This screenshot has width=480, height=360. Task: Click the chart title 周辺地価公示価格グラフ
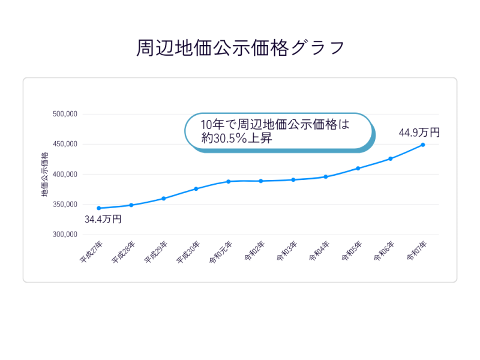[x=240, y=48]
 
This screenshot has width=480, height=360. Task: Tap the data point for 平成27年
[x=98, y=208]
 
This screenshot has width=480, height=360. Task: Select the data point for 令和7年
[x=423, y=145]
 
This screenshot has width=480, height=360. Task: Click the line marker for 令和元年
[x=229, y=181]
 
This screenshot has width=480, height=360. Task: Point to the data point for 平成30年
[x=196, y=189]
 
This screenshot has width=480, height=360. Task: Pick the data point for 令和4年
[x=326, y=177]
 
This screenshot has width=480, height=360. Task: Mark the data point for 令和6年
[x=391, y=158]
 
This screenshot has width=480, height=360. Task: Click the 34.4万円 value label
[x=103, y=220]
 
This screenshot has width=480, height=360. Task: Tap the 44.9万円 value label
[x=419, y=133]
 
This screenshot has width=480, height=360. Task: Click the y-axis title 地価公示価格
[x=45, y=175]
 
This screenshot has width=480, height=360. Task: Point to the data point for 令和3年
[x=293, y=179]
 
